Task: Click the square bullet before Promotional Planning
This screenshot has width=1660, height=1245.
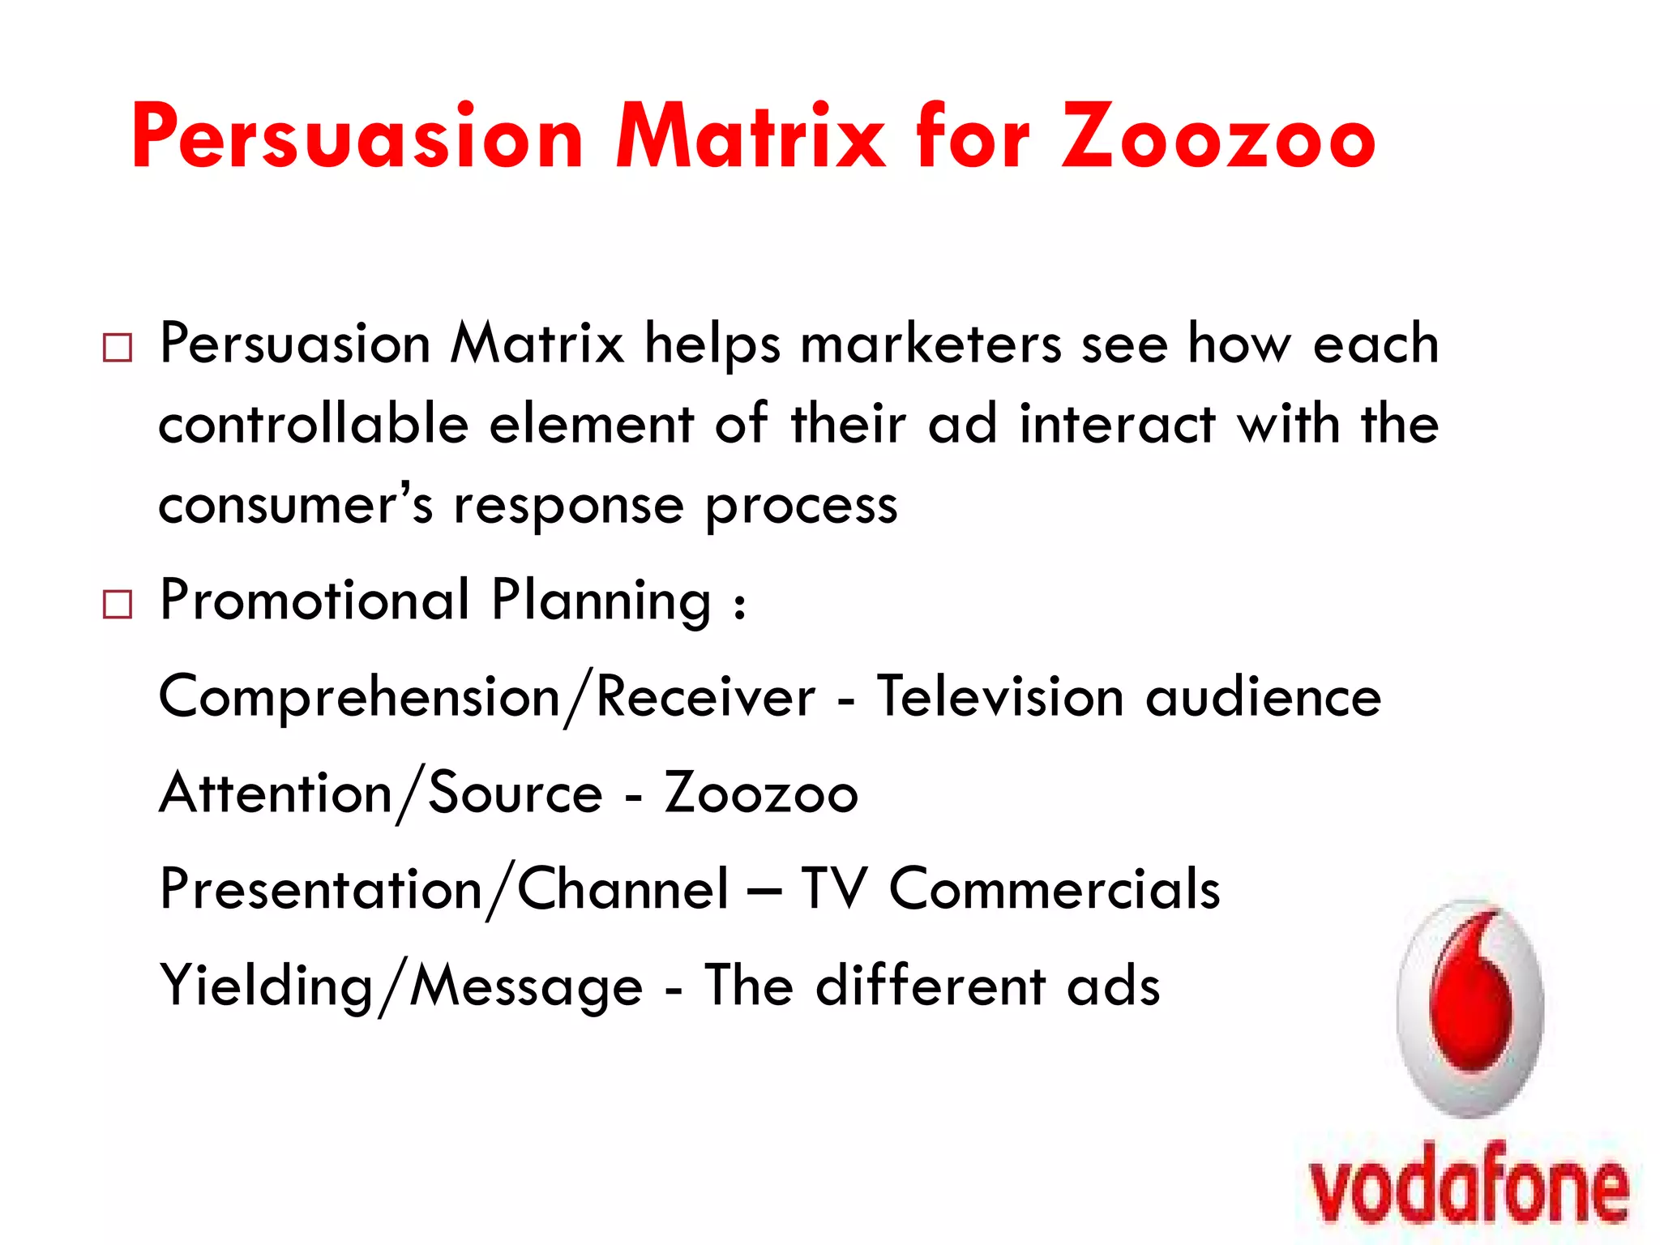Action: (118, 605)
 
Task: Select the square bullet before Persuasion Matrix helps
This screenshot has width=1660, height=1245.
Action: (118, 348)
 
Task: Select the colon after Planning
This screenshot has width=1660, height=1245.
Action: (738, 605)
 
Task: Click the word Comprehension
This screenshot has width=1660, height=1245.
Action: (359, 697)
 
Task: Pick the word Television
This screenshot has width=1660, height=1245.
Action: (1000, 697)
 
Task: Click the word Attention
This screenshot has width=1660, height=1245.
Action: (276, 793)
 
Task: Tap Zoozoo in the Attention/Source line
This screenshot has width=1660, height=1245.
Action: (760, 793)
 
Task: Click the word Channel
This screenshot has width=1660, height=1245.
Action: (622, 889)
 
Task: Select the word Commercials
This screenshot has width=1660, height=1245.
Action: (1054, 889)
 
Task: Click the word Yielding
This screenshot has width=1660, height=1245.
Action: (266, 986)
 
